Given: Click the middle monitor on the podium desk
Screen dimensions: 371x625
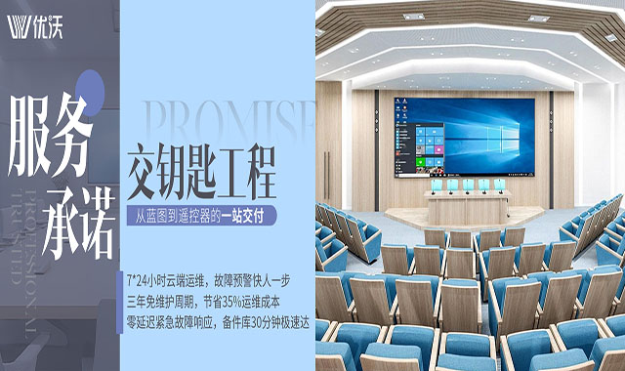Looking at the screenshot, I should tap(470, 184).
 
